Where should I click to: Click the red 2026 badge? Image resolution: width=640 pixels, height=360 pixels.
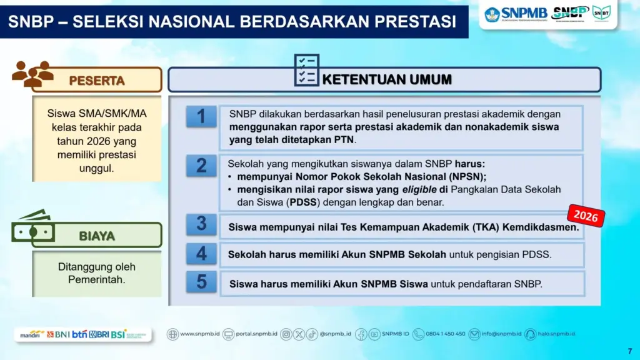pyautogui.click(x=586, y=216)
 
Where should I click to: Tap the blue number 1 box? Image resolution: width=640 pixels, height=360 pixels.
pyautogui.click(x=201, y=117)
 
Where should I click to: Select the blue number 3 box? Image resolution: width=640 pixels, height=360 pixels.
pyautogui.click(x=201, y=224)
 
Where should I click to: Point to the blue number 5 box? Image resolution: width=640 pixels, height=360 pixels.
pyautogui.click(x=201, y=282)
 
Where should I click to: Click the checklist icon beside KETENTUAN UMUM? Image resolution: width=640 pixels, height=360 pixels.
pyautogui.click(x=306, y=70)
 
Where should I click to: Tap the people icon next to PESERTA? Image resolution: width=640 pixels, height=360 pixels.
pyautogui.click(x=32, y=74)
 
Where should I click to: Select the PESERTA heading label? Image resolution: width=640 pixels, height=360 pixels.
pyautogui.click(x=97, y=81)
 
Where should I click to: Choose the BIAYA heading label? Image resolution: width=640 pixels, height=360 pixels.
pyautogui.click(x=97, y=236)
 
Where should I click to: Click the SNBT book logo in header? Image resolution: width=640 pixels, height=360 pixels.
pyautogui.click(x=601, y=12)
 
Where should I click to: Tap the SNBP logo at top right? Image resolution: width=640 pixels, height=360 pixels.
pyautogui.click(x=571, y=13)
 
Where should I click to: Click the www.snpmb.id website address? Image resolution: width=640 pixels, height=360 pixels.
pyautogui.click(x=199, y=334)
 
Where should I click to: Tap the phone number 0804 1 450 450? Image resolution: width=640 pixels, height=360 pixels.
pyautogui.click(x=445, y=334)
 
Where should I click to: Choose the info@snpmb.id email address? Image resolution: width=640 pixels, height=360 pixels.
pyautogui.click(x=500, y=334)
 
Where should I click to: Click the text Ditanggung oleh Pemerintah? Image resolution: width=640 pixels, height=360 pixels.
pyautogui.click(x=97, y=273)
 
